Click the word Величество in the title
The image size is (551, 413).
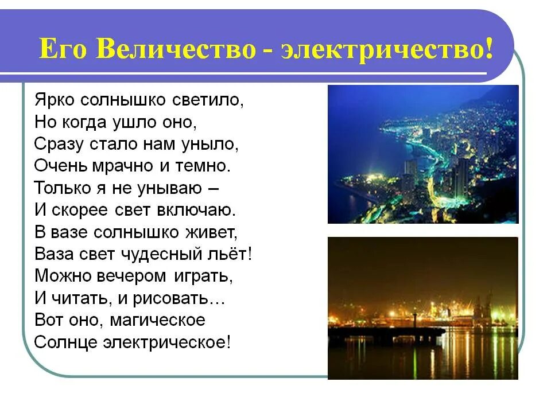pos(176,49)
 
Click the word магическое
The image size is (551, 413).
pos(153,320)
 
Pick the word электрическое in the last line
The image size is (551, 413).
pos(166,342)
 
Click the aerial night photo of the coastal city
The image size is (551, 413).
pos(422,154)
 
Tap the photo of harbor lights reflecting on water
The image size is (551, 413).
pos(422,307)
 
